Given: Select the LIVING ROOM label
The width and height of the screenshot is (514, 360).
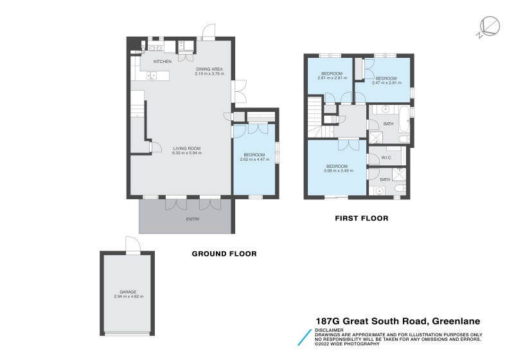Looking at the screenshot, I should pyautogui.click(x=187, y=148).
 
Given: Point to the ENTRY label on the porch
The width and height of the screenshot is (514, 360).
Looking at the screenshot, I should pyautogui.click(x=193, y=219).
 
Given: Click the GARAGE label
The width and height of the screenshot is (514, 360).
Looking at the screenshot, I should pyautogui.click(x=128, y=292).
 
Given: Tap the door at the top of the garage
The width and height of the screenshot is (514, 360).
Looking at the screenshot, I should pyautogui.click(x=132, y=246).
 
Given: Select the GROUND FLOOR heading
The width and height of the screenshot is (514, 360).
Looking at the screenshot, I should pyautogui.click(x=224, y=254).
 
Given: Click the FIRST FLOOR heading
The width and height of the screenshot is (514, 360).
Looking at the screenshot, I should pyautogui.click(x=361, y=219).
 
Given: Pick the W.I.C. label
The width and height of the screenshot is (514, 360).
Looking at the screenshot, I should pyautogui.click(x=386, y=157).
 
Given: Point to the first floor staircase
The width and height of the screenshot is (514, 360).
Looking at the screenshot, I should pyautogui.click(x=315, y=116).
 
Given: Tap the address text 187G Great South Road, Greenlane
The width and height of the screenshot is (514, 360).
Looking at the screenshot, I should pyautogui.click(x=398, y=321).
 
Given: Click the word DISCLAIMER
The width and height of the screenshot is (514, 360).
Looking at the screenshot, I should pyautogui.click(x=330, y=330).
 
